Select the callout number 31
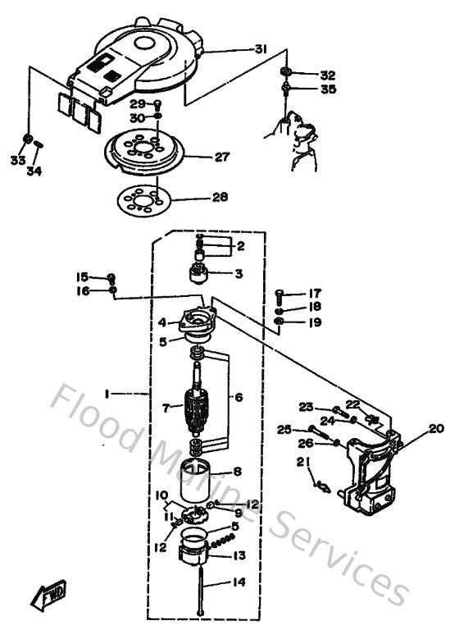tap(260, 50)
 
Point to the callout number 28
tap(220, 198)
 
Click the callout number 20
tap(435, 428)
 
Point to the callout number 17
tap(316, 294)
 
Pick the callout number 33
tap(17, 160)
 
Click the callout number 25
tap(284, 428)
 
